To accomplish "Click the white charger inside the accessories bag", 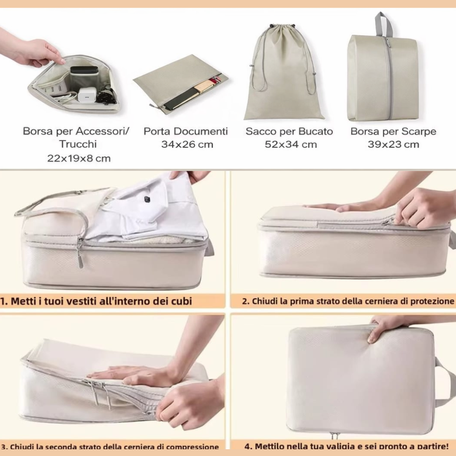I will (x=87, y=95).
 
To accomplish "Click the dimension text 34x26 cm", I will (x=187, y=144).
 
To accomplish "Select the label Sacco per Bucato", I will (x=289, y=131).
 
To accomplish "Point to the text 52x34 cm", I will (x=291, y=144).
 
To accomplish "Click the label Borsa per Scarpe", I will (x=393, y=131).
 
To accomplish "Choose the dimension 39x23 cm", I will (x=393, y=144).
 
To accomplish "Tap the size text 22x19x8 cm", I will (x=79, y=158).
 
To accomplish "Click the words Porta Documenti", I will (x=186, y=131).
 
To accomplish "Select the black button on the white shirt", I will (x=147, y=199).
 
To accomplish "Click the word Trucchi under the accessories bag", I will (x=78, y=144).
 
